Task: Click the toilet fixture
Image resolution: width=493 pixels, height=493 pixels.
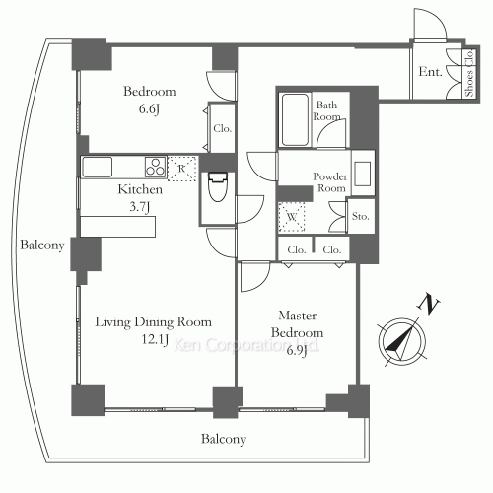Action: coord(218,186)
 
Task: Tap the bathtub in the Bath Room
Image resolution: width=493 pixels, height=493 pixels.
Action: coord(295,119)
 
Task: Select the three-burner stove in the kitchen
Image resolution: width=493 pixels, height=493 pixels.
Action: coord(155,167)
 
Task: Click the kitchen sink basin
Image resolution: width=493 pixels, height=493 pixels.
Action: coord(98,167)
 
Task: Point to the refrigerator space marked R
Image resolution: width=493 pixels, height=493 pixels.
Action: coord(181,169)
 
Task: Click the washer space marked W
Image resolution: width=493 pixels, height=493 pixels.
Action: coord(292,217)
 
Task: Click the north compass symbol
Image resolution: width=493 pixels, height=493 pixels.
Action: coord(401,342)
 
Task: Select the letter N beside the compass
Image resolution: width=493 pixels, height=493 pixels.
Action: coord(428,303)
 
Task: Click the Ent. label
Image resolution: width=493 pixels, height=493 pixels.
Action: coord(430,72)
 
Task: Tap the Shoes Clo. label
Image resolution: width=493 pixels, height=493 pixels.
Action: coord(469,73)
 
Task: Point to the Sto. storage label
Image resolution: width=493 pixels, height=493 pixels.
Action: coord(360,216)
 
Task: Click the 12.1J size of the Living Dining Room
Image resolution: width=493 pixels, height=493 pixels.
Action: coord(155,339)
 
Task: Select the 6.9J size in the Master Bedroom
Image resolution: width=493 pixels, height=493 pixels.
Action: coord(297,350)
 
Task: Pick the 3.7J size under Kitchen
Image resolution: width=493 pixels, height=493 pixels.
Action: coord(140,206)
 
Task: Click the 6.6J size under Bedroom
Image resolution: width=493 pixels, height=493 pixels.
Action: coord(150,108)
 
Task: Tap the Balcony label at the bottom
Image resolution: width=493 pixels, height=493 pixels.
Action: coord(224,439)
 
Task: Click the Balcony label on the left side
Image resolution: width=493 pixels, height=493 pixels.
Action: coord(42,246)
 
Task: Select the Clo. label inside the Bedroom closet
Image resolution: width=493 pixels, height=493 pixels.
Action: coord(222,128)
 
